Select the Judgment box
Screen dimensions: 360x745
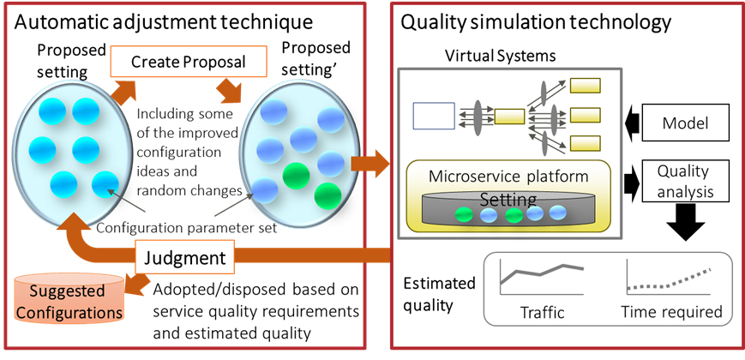coord(183,257)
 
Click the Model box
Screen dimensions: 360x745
coord(685,123)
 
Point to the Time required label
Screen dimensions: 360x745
coord(672,312)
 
